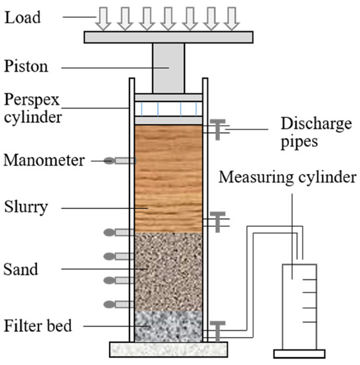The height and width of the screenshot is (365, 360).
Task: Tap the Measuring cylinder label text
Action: tap(289, 179)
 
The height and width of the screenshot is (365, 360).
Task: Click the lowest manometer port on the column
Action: tap(120, 304)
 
